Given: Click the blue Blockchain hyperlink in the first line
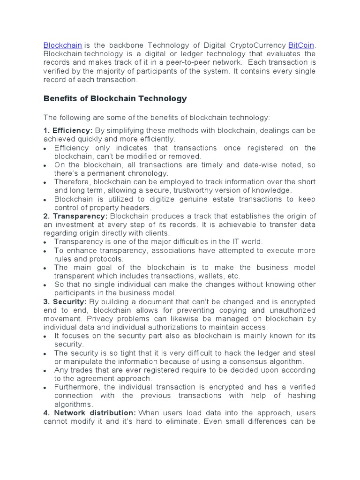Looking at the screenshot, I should point(63,45).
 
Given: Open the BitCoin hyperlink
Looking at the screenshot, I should point(301,45).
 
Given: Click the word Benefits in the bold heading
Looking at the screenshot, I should point(60,98).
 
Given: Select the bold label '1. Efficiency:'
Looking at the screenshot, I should point(68,130).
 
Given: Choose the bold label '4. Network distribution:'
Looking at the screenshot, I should point(90,412).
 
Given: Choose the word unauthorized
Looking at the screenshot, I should point(289,310).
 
